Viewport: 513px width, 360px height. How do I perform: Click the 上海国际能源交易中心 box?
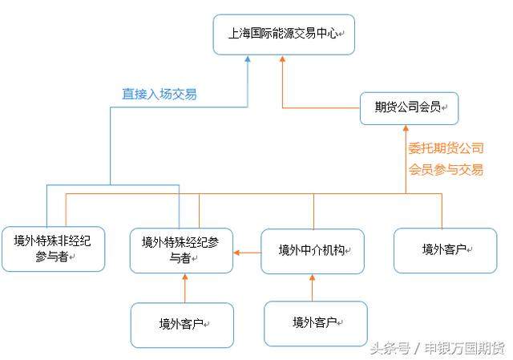[284, 34]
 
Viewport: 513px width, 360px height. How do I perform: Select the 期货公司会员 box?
[409, 107]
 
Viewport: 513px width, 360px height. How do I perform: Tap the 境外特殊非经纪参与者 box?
[53, 248]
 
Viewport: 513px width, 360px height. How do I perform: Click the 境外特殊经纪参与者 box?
[181, 250]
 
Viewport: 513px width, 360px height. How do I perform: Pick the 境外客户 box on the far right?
[445, 249]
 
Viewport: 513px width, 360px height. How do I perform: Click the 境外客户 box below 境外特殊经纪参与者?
[182, 325]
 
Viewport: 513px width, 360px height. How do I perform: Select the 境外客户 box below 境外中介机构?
[316, 323]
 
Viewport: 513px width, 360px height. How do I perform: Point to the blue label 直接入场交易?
[159, 95]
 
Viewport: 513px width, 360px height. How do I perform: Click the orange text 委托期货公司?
[446, 148]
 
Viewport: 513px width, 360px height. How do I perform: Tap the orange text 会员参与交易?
[446, 169]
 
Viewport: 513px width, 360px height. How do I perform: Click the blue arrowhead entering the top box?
[248, 60]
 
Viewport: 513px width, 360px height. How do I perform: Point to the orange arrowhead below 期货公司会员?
[406, 131]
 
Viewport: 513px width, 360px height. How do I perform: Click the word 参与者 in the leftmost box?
[52, 256]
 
